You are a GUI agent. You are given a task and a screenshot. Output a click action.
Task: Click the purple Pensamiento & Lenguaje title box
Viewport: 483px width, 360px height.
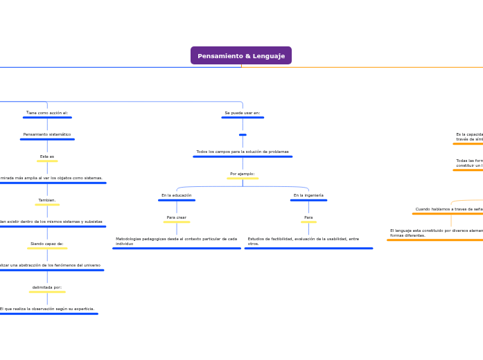pyautogui.click(x=241, y=55)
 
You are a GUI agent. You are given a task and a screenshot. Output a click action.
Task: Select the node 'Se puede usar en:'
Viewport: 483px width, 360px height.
pyautogui.click(x=243, y=113)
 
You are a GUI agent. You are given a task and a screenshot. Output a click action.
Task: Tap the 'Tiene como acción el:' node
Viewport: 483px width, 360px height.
pyautogui.click(x=47, y=113)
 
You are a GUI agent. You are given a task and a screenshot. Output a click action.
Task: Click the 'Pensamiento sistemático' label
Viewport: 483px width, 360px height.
pyautogui.click(x=47, y=134)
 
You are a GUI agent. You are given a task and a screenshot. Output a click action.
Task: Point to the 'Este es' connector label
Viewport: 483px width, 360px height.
pyautogui.click(x=47, y=156)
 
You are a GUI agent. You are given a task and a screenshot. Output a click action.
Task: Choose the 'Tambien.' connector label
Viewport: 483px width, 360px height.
pyautogui.click(x=47, y=200)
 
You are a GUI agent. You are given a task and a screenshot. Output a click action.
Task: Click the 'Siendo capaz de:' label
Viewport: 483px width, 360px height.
pyautogui.click(x=47, y=244)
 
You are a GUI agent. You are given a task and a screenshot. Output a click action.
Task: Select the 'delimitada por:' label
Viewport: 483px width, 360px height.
pyautogui.click(x=47, y=287)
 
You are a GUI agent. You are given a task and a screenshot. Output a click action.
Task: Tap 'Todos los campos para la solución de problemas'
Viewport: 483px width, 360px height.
pyautogui.click(x=243, y=152)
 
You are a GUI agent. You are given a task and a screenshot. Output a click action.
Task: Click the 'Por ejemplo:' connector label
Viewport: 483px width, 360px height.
pyautogui.click(x=243, y=174)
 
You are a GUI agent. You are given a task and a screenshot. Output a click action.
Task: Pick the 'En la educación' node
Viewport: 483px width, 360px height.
pyautogui.click(x=177, y=195)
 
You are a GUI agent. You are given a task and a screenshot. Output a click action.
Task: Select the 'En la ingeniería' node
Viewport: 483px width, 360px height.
pyautogui.click(x=308, y=195)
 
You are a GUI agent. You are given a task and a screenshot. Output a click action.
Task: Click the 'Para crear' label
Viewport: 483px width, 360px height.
pyautogui.click(x=177, y=217)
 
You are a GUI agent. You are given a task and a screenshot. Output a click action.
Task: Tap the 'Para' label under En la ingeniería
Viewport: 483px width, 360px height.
pyautogui.click(x=308, y=217)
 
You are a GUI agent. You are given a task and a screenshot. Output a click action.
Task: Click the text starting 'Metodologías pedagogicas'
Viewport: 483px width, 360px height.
pyautogui.click(x=177, y=241)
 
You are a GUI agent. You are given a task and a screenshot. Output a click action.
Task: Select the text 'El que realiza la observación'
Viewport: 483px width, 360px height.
pyautogui.click(x=47, y=309)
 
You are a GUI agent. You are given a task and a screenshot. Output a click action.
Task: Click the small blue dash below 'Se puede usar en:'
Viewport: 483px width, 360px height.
pyautogui.click(x=243, y=134)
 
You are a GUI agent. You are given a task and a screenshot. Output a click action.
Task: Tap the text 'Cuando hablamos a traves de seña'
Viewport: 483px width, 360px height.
pyautogui.click(x=449, y=209)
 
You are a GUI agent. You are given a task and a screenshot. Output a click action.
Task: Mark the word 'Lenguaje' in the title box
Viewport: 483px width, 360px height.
pyautogui.click(x=269, y=56)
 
